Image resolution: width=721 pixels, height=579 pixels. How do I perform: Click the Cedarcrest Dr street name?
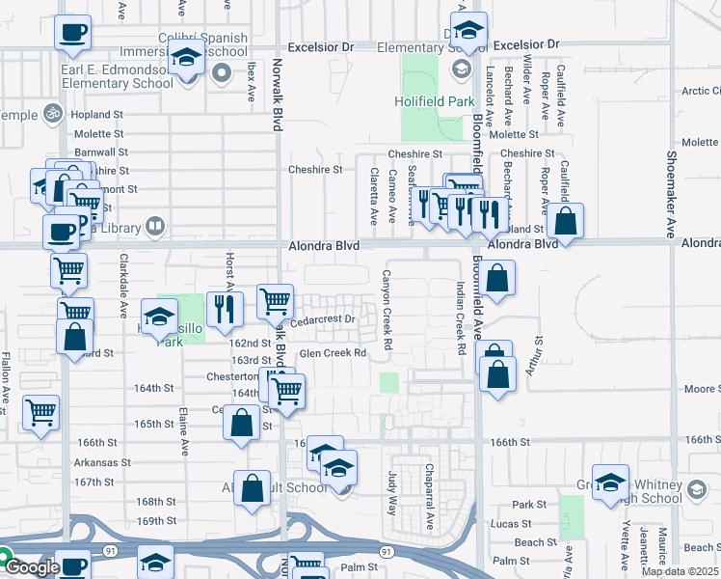(x=323, y=318)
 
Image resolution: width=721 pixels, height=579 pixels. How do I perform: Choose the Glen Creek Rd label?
(x=333, y=353)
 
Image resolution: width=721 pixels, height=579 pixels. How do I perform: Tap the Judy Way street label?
(x=392, y=493)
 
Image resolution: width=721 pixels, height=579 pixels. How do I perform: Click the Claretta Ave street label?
(x=374, y=194)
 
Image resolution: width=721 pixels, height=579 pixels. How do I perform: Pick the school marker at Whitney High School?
(x=610, y=483)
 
